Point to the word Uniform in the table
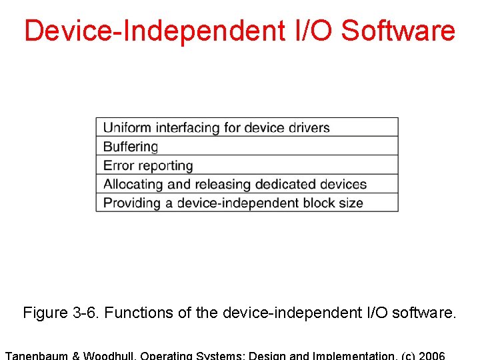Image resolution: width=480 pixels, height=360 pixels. point(127,127)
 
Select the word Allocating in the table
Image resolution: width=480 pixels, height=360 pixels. point(133,184)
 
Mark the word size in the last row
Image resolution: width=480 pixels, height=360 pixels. point(351,203)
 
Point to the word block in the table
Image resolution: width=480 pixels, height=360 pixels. point(316,203)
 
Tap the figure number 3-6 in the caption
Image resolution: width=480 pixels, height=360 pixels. point(85,313)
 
